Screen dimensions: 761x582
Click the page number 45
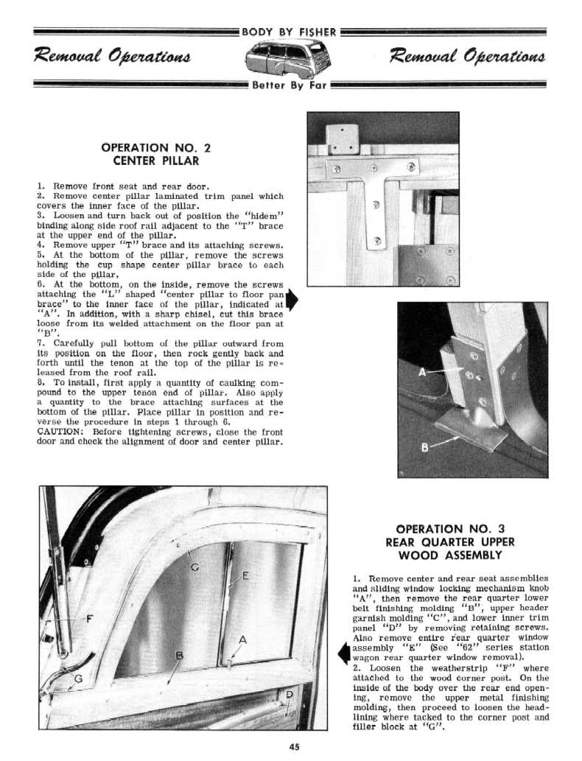coord(294,746)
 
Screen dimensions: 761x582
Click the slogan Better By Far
coord(288,84)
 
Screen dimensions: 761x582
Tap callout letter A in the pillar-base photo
coord(422,371)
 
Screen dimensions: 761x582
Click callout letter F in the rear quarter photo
coord(90,618)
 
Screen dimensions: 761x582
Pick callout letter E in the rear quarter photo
coord(245,575)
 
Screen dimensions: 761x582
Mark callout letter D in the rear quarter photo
coord(289,694)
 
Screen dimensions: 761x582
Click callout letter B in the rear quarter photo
coord(178,655)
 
